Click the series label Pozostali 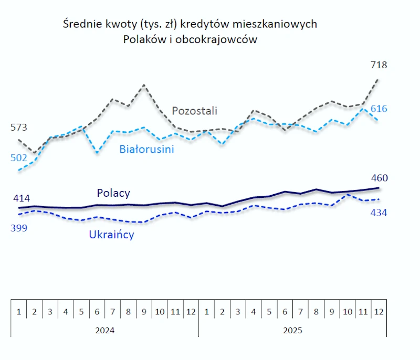pos(195,111)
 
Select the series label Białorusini pos(146,149)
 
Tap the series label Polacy pos(113,193)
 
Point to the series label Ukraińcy pos(111,235)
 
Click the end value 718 pos(379,65)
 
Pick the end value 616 pos(379,109)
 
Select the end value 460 pos(379,177)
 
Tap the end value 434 pos(379,213)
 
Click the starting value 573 pos(18,128)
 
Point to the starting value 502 pos(18,157)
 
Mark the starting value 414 pos(22,198)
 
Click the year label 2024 pos(105,331)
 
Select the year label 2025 pos(292,331)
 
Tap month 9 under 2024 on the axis pos(144,312)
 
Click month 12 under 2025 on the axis pos(378,312)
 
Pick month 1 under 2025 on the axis pos(206,312)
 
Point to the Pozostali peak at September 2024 pos(144,84)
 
